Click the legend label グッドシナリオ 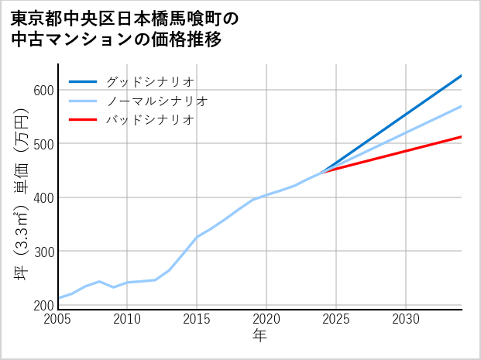pos(150,81)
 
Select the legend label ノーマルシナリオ pos(157,101)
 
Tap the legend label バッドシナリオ pos(150,120)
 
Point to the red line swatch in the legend pos(84,120)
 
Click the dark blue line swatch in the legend pos(84,81)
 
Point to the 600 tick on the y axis pos(43,90)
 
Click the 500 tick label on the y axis pos(43,144)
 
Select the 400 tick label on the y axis pos(43,197)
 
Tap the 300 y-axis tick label pos(43,252)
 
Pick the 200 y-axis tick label pos(43,305)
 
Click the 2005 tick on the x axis pos(58,319)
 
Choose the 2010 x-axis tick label pos(128,319)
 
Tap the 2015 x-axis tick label pos(197,319)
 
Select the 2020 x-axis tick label pos(266,319)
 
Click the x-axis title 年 pos(260,337)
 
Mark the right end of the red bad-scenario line pos(461,137)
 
